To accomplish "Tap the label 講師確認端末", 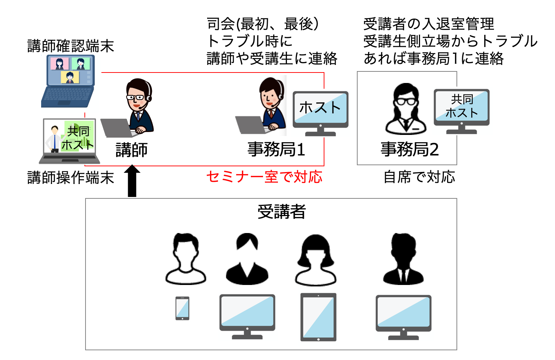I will tap(71, 46).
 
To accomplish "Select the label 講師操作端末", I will tap(71, 178).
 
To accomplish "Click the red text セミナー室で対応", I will tap(264, 177).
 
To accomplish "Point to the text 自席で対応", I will tap(419, 177).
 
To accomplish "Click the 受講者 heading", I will tap(281, 212).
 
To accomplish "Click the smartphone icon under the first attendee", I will tap(182, 308).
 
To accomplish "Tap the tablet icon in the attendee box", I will tap(318, 317).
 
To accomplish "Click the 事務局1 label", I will tap(276, 149).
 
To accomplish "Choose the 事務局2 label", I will tap(410, 149).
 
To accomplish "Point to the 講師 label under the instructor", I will tap(132, 150).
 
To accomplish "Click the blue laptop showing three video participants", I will tap(69, 81).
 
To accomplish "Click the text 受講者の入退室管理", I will tap(428, 24).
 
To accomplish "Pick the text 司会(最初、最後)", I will tap(263, 24).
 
